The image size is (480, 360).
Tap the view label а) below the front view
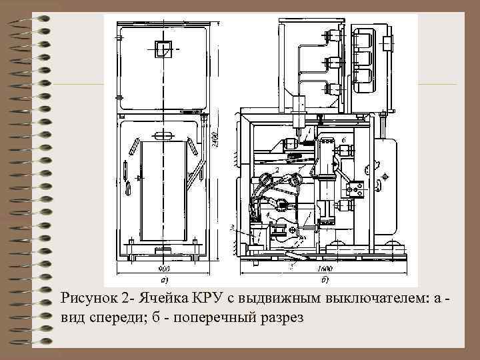(163, 279)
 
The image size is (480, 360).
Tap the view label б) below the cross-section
(323, 279)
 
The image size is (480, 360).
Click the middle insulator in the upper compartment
(331, 63)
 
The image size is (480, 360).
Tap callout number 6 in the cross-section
(343, 139)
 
